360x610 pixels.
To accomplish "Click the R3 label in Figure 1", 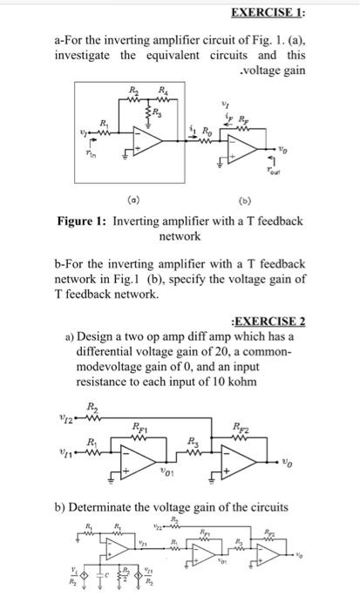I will (156, 110).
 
